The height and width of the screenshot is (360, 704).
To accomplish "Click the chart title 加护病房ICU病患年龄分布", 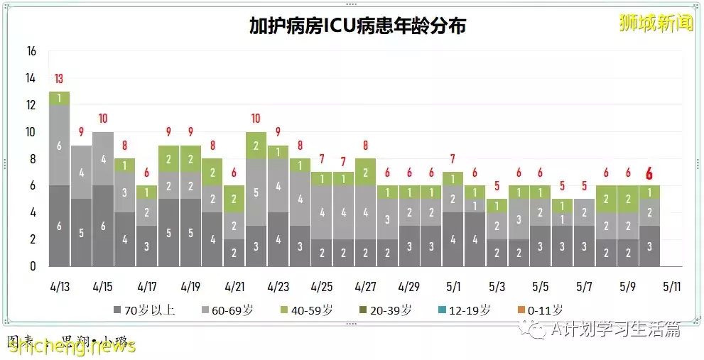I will click(357, 26).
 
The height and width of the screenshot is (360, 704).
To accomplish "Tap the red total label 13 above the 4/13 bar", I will click(60, 79).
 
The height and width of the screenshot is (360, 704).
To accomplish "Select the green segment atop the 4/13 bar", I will click(60, 98).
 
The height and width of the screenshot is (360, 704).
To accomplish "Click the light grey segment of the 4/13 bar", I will click(60, 145).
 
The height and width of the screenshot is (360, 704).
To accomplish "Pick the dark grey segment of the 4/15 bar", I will click(103, 225).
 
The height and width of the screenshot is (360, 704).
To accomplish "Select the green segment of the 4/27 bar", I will click(365, 172).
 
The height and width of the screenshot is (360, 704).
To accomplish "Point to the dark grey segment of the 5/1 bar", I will click(453, 239).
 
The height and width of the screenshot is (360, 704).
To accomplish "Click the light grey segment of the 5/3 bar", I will click(497, 226).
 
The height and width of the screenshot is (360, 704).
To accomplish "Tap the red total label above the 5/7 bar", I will click(584, 187).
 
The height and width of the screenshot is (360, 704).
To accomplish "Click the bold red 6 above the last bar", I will click(649, 173).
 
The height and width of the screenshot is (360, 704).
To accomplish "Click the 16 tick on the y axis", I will click(31, 52).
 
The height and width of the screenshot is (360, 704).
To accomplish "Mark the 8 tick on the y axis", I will click(31, 159).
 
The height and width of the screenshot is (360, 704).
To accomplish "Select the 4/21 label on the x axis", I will click(234, 287).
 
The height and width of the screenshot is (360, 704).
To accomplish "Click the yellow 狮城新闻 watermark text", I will click(656, 23).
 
